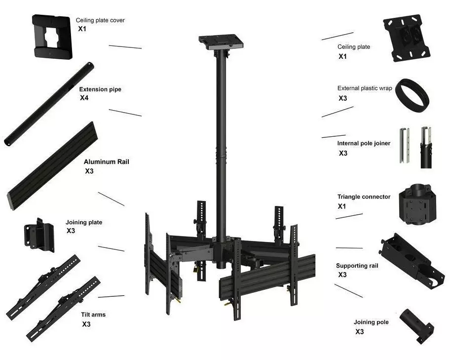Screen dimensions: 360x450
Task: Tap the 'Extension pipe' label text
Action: coord(100,89)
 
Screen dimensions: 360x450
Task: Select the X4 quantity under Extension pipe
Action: coord(84,98)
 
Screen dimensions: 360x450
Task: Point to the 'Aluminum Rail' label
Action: coord(107,161)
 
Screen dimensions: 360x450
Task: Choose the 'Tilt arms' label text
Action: coord(93,315)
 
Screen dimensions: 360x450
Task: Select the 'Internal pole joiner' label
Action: coord(364,143)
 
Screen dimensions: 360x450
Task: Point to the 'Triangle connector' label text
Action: coord(364,197)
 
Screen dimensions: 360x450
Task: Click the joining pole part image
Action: coord(415,324)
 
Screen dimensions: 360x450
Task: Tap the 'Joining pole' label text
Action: coord(371,322)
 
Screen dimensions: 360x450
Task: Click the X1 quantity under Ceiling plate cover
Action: coord(82,29)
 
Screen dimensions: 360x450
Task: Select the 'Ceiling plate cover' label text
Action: coord(100,21)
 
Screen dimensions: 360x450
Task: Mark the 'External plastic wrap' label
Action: coord(365,88)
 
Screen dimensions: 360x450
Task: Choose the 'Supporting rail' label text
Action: coord(357,266)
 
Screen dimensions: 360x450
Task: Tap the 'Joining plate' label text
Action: coord(84,222)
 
